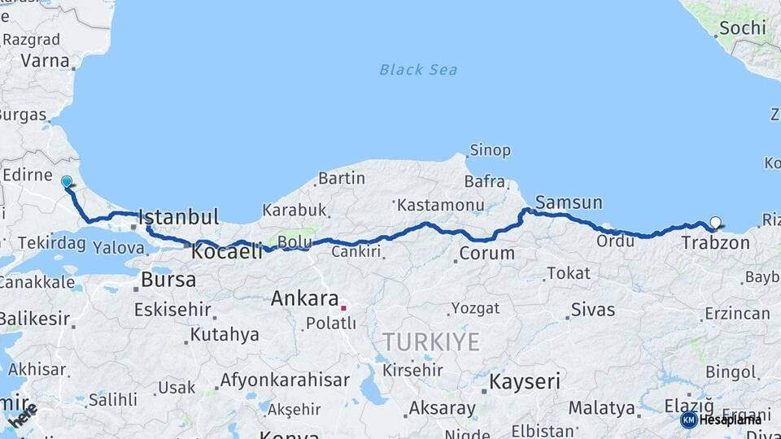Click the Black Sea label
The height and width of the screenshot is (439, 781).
point(418,70)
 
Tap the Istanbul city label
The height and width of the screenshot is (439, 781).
point(179,217)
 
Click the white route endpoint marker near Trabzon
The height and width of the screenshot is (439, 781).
point(715,222)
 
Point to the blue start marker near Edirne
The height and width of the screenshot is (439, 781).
point(67,182)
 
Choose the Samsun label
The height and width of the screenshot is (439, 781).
point(569,202)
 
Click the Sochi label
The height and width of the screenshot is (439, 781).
point(741,28)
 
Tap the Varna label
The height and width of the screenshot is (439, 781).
point(45,60)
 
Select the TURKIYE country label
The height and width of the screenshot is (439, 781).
point(431,342)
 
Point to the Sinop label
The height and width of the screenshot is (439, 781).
point(490,150)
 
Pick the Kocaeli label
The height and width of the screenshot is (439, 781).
point(227,252)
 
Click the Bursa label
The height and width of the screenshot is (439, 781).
point(168,280)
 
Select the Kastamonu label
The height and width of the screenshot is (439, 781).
point(440,206)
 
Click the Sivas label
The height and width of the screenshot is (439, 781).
point(593,309)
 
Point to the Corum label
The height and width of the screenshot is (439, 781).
point(486,253)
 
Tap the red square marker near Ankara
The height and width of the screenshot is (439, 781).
point(344,308)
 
